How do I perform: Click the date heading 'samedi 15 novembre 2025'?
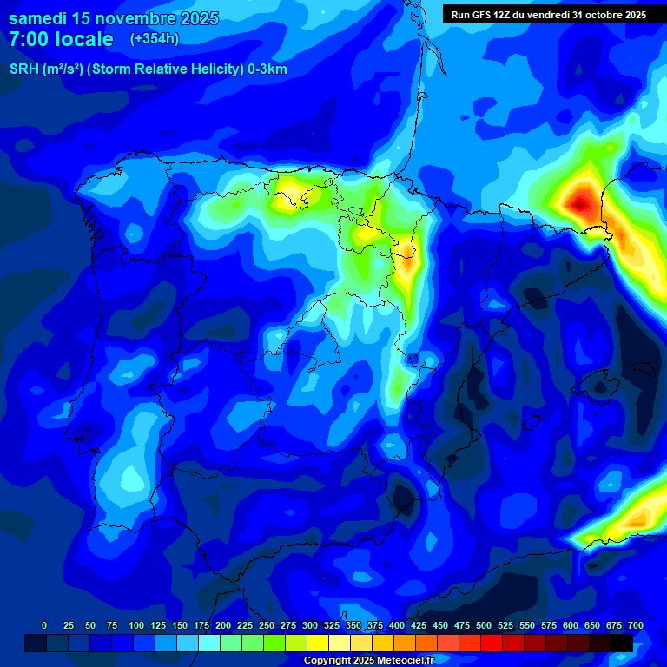(x=114, y=18)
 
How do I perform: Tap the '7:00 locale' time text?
(x=61, y=39)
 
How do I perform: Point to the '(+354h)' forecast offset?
(x=154, y=38)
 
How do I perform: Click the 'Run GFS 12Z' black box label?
(x=548, y=14)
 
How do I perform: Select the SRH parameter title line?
(x=148, y=69)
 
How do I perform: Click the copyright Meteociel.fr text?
(x=368, y=660)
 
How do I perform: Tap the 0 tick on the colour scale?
(x=44, y=625)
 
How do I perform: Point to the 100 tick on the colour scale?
(x=136, y=625)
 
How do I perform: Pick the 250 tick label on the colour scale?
(x=267, y=625)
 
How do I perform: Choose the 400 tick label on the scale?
(x=397, y=625)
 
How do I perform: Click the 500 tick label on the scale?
(x=484, y=625)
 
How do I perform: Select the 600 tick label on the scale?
(x=571, y=625)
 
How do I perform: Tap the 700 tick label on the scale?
(x=636, y=625)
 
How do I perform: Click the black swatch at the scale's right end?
(x=622, y=643)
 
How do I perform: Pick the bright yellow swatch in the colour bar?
(x=318, y=643)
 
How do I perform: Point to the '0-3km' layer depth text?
(x=267, y=69)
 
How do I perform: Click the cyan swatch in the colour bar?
(x=209, y=643)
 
